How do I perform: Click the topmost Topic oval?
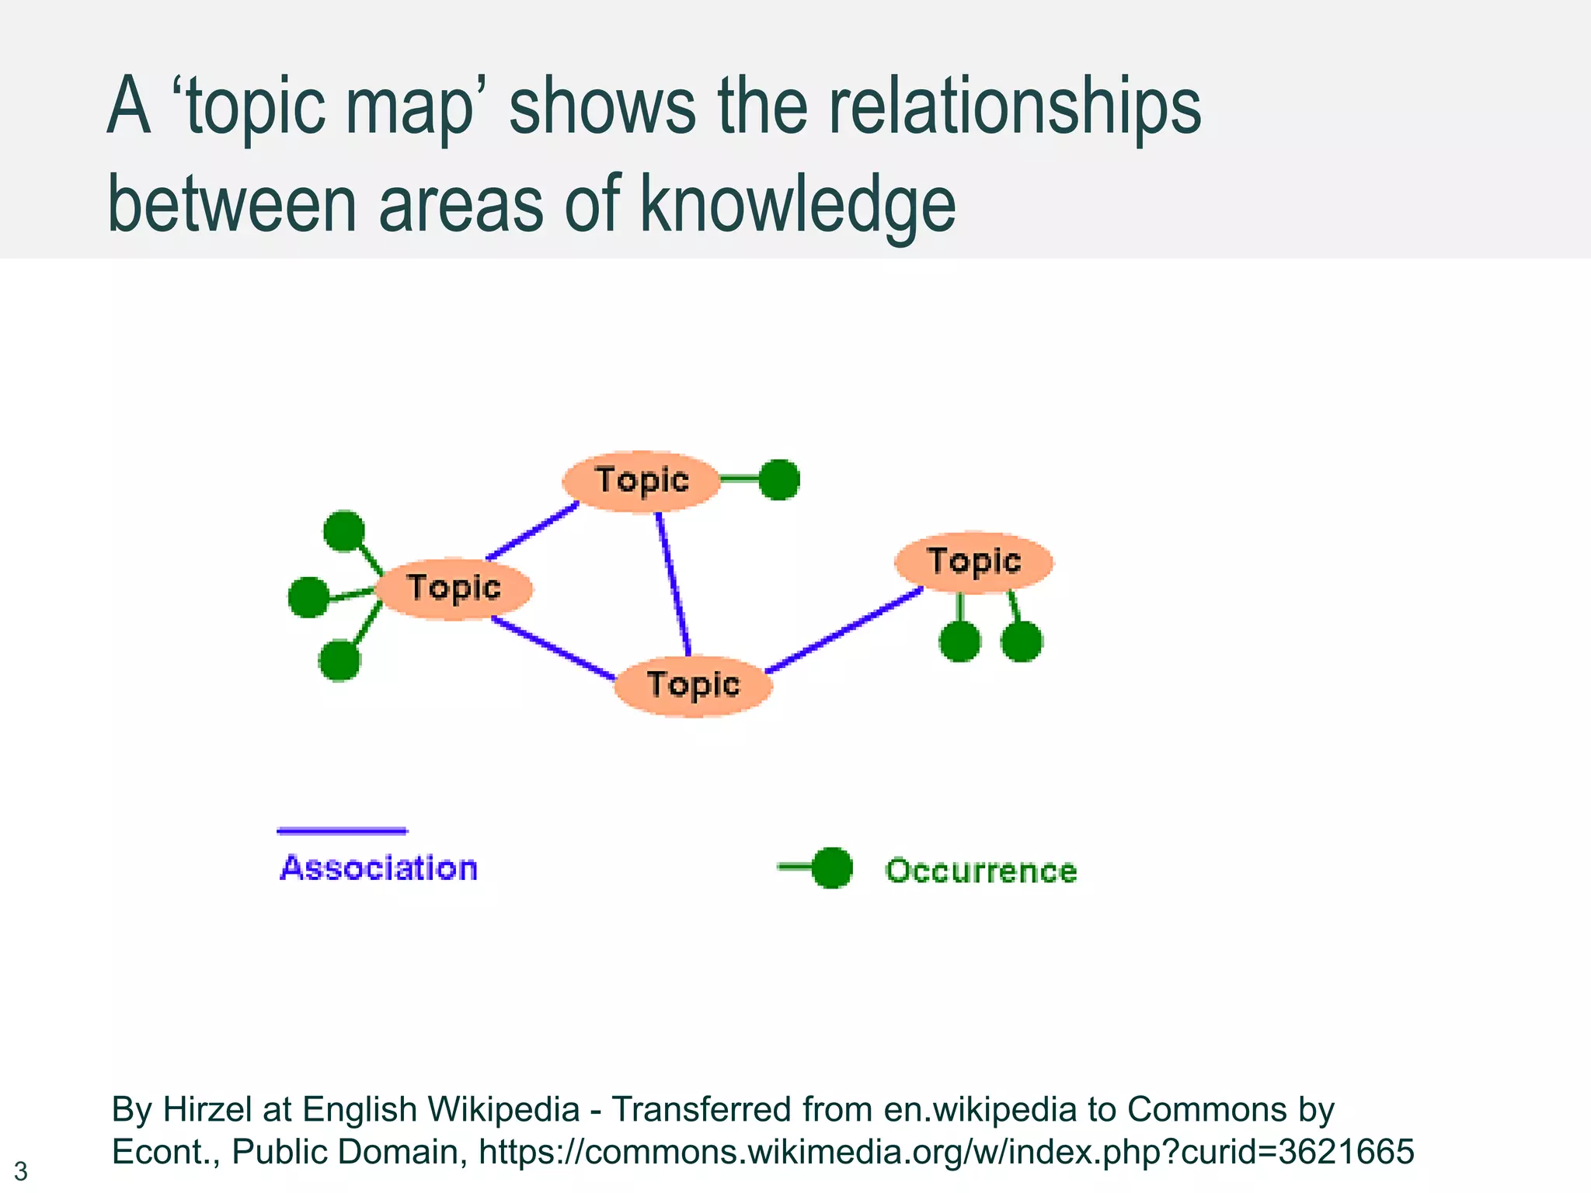coord(642,481)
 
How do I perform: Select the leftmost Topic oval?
coord(454,588)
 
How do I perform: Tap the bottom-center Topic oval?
coord(693,685)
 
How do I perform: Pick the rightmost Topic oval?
coord(973,562)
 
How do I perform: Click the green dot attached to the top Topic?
coord(778,479)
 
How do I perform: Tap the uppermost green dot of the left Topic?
coord(343,530)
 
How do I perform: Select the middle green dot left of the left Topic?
coord(308,597)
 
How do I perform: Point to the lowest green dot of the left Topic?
coord(339,660)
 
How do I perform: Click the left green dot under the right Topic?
coord(959,642)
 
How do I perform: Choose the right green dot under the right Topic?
coord(1022,642)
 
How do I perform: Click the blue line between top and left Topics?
coord(533,531)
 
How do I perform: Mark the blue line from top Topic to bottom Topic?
coord(673,584)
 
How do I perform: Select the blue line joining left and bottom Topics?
coord(553,648)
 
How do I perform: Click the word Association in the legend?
coord(378,868)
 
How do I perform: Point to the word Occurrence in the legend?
coord(981,871)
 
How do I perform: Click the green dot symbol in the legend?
coord(831,868)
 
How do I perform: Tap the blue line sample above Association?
coord(342,831)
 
